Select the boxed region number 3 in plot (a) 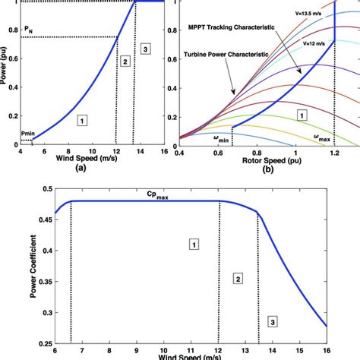pos(147,49)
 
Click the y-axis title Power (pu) pos(6,71)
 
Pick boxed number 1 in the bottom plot pos(194,244)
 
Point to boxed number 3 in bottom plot pos(272,322)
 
